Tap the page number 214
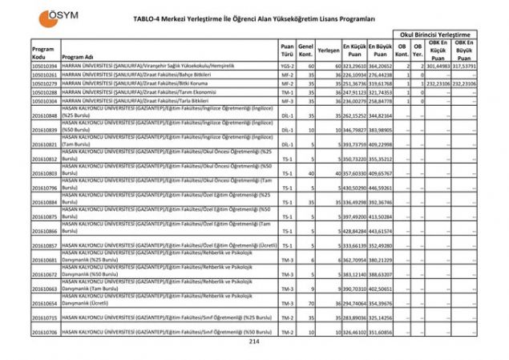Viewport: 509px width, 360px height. [x=255, y=342]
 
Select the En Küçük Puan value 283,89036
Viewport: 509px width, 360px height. [x=355, y=318]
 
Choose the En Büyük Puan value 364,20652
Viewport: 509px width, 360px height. [x=381, y=65]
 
